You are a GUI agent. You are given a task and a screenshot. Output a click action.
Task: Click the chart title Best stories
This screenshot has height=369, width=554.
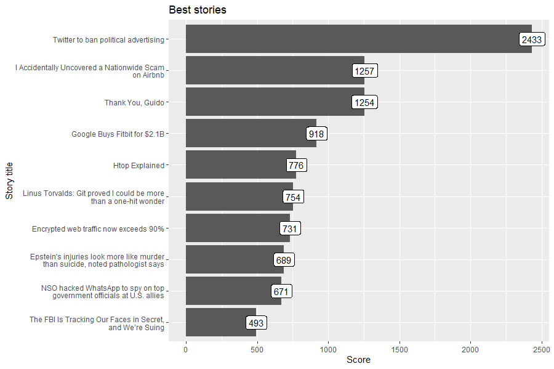(198, 10)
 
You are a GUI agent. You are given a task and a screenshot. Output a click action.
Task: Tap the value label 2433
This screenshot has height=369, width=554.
(531, 39)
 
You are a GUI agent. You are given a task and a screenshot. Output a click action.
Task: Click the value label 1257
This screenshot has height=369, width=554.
(364, 71)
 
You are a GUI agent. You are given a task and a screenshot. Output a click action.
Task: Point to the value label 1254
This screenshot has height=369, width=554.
(364, 102)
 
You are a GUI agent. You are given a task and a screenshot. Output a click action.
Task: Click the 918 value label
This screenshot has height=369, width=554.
(316, 134)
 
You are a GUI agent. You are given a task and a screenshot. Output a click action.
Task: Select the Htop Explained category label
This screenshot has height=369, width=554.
(138, 166)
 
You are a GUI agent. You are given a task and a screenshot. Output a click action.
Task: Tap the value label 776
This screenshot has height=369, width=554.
(296, 166)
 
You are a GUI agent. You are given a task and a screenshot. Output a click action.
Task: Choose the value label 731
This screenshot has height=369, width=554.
(289, 229)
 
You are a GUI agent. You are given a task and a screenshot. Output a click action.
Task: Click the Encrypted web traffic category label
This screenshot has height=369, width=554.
(98, 229)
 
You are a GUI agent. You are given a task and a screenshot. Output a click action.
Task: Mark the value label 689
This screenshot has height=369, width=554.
(284, 261)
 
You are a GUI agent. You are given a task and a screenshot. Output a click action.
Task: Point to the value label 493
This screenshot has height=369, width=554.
(256, 323)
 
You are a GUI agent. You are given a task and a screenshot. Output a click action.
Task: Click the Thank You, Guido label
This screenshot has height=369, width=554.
(134, 103)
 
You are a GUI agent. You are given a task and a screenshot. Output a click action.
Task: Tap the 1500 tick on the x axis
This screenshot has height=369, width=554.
(399, 349)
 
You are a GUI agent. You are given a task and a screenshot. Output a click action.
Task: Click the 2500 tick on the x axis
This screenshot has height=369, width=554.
(542, 349)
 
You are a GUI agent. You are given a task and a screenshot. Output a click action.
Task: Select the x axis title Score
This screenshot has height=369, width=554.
(358, 360)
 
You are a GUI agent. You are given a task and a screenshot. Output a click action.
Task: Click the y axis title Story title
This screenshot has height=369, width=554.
(9, 180)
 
